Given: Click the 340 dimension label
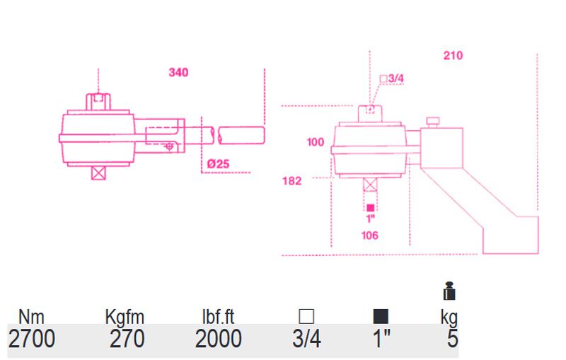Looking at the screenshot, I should (x=178, y=72).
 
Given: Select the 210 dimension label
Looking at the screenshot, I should (x=453, y=56).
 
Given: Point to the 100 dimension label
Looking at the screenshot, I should (x=315, y=142).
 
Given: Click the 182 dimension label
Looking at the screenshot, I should (x=291, y=181).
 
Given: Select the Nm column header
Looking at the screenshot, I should (x=31, y=318).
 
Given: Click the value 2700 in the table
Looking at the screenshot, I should (x=31, y=339).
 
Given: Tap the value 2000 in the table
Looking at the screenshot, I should (x=219, y=339).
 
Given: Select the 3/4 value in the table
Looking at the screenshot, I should (x=306, y=339).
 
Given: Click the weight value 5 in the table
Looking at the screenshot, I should (x=452, y=339).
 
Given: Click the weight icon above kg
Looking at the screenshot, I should (x=449, y=292).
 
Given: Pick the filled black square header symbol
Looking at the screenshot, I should (x=381, y=317).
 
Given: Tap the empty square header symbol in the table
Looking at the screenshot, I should (x=306, y=317).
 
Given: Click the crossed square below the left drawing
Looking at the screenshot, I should (x=98, y=173).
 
